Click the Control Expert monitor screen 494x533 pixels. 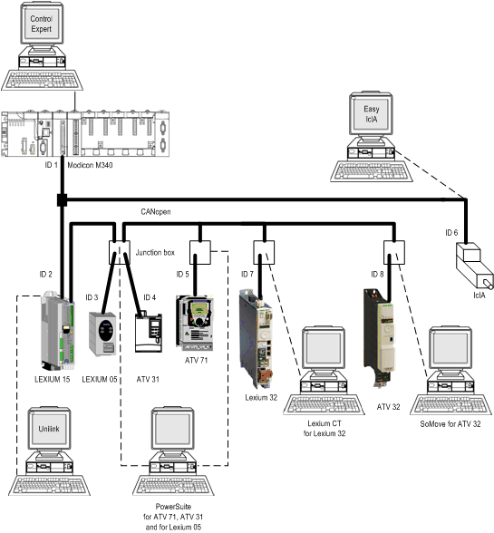42,24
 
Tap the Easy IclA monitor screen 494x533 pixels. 371,114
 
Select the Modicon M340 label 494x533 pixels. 90,165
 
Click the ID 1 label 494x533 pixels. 51,165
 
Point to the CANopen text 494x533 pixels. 156,212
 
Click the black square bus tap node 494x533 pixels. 62,199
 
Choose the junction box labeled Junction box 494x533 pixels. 120,253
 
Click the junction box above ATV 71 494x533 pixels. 200,253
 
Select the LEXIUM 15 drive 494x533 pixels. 58,331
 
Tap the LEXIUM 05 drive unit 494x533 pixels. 102,334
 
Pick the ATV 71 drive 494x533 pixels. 195,324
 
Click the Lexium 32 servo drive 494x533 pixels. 256,339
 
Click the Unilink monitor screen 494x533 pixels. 49,429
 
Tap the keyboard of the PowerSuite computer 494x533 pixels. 173,485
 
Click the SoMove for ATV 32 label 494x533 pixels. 450,424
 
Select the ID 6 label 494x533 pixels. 451,233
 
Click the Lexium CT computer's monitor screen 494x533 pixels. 324,348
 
